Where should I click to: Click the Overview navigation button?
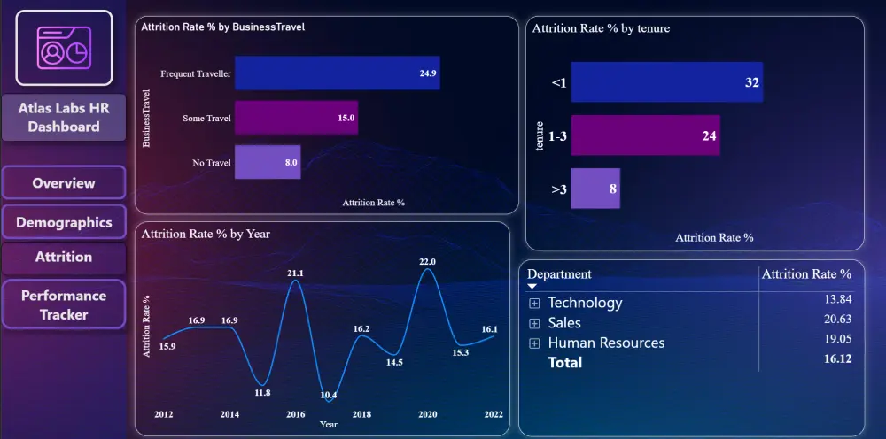64,183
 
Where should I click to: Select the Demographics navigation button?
64,222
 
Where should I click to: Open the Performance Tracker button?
64,304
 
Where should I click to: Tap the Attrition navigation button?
64,257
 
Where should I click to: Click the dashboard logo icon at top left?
64,48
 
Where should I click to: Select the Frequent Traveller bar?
338,73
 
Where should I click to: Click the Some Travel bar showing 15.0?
297,118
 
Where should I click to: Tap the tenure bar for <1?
666,82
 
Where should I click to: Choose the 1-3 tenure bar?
645,135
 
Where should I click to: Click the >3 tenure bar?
595,188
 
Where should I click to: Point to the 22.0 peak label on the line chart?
428,261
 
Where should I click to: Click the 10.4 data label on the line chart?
329,395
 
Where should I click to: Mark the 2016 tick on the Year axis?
295,414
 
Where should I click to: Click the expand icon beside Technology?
534,303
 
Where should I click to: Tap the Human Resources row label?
606,343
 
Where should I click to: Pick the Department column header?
559,274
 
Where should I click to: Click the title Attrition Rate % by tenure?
601,28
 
